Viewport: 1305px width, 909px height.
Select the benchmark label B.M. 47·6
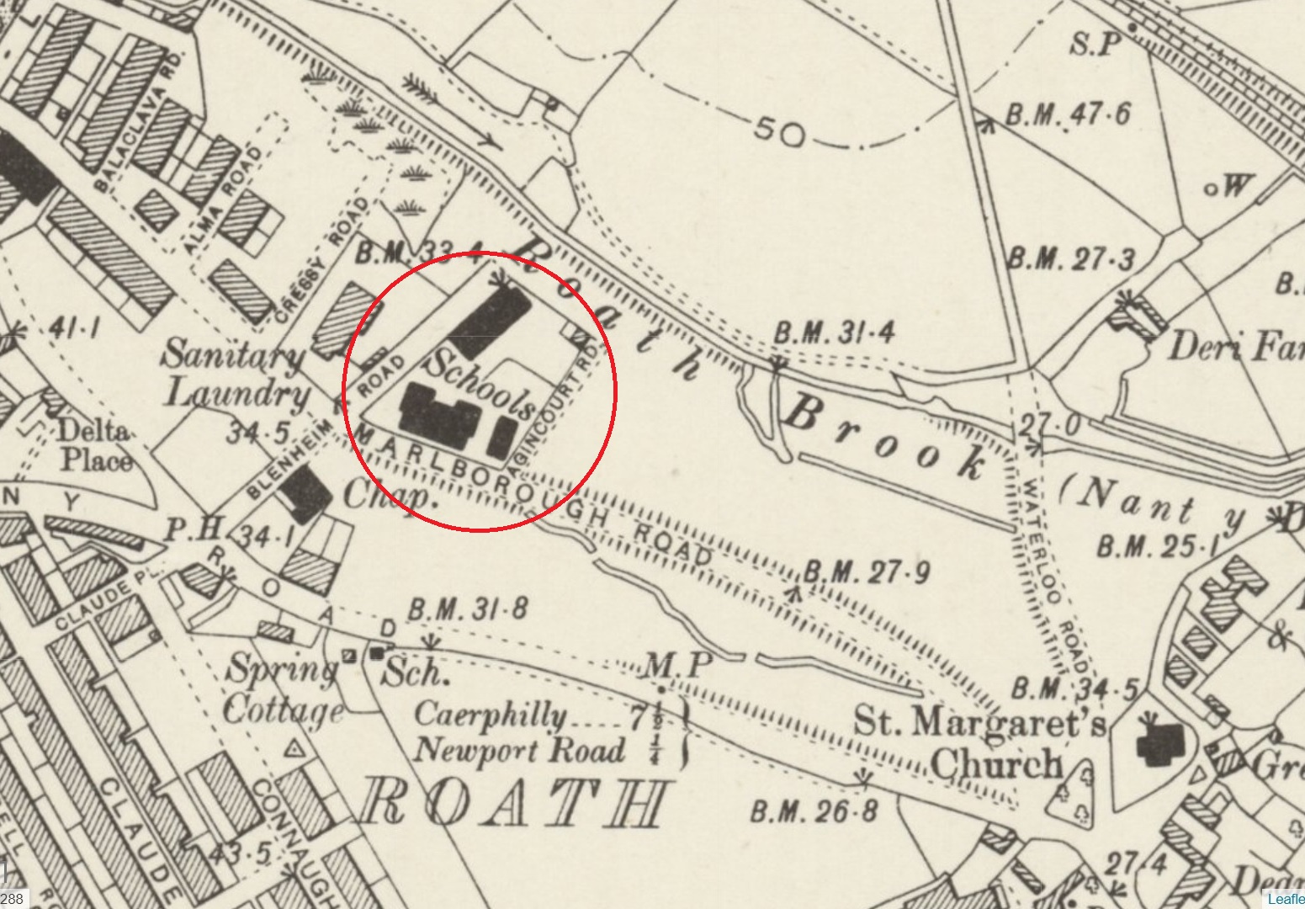[x=1069, y=114]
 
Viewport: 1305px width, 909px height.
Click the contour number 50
[x=779, y=132]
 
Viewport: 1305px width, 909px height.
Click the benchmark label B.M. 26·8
[x=814, y=811]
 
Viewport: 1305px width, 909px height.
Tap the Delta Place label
[x=94, y=446]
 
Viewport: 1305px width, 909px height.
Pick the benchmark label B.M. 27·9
[x=867, y=573]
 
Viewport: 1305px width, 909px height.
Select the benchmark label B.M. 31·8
[x=467, y=609]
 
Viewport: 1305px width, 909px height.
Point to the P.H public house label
[x=182, y=529]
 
